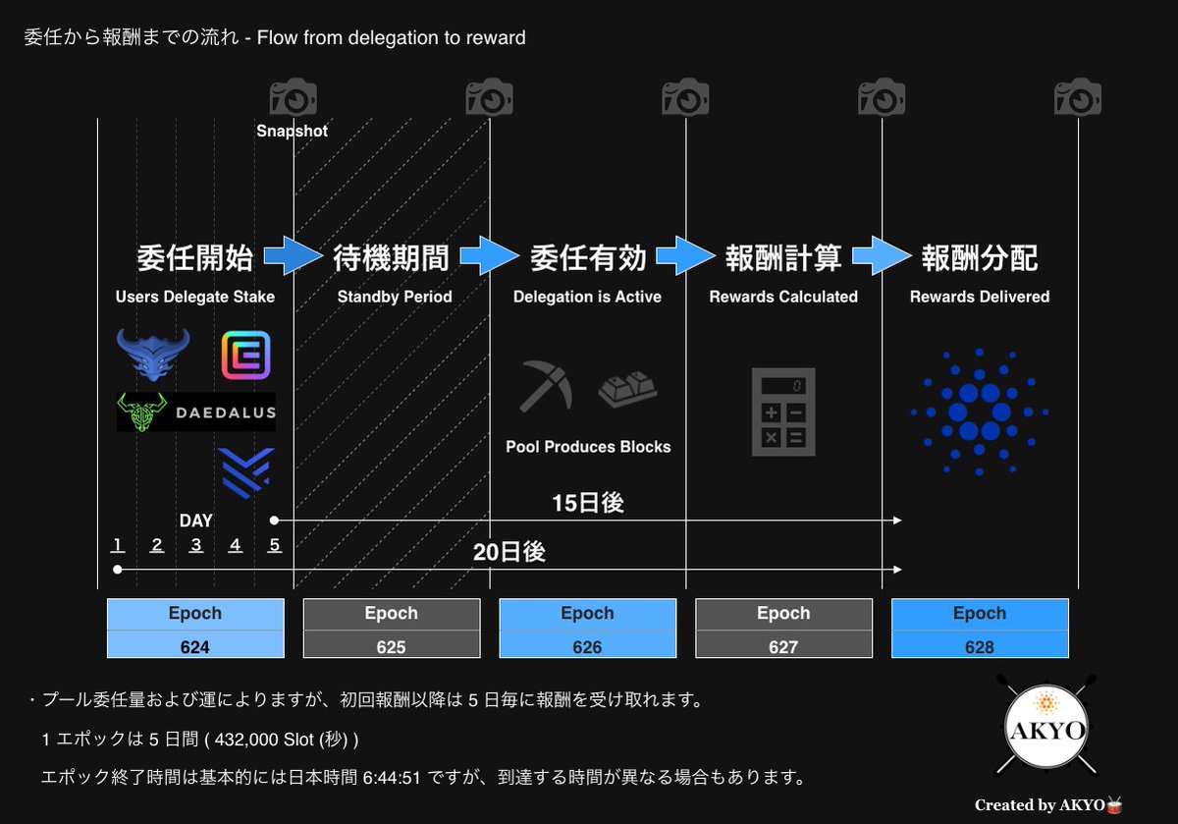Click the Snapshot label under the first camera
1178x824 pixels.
293,131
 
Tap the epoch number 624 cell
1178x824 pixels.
195,646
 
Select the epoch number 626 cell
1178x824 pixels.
587,646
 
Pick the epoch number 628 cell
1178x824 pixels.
980,646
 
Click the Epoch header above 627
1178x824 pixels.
783,614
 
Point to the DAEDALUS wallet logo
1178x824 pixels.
196,412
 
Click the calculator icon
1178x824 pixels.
784,412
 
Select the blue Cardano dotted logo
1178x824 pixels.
980,412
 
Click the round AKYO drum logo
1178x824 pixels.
1046,732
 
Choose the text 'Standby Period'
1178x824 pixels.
395,297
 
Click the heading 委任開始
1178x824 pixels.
195,258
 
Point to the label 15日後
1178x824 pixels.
588,503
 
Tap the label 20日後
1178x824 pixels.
509,552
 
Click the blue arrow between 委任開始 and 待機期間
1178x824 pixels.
293,256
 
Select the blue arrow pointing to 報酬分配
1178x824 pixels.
882,256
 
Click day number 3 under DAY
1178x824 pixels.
195,546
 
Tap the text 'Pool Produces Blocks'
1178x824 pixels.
588,447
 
